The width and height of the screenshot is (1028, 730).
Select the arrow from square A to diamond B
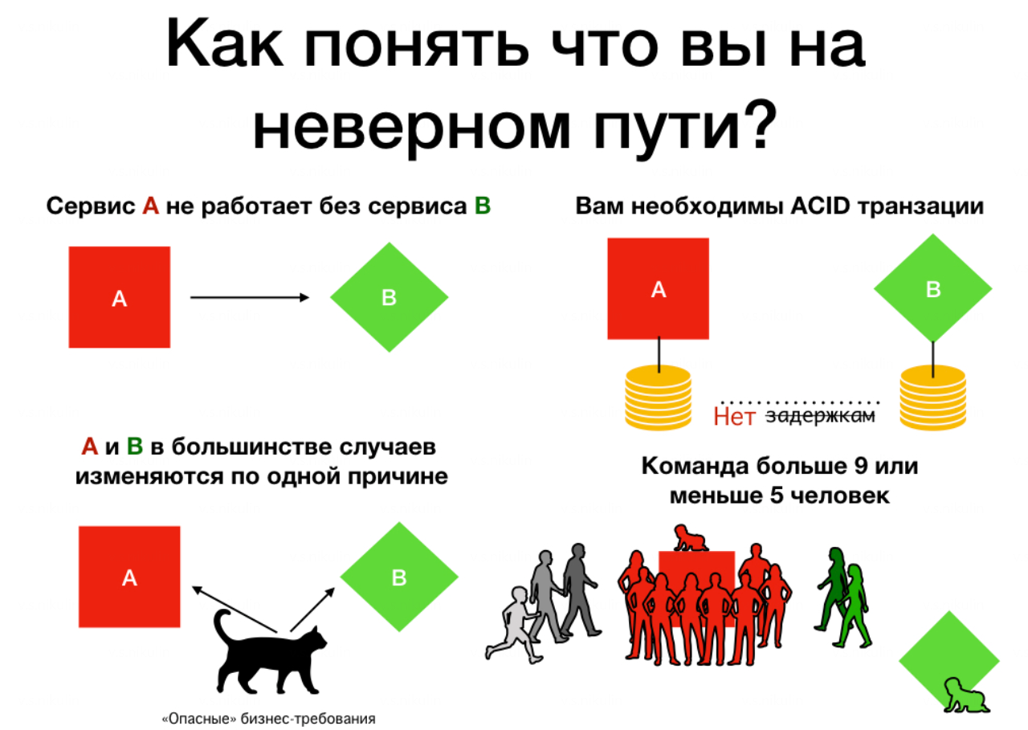click(x=249, y=298)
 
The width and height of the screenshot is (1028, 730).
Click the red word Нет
click(x=734, y=417)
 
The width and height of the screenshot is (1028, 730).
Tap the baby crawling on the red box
click(x=687, y=538)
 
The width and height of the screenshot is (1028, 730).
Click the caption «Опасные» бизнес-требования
click(x=268, y=719)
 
